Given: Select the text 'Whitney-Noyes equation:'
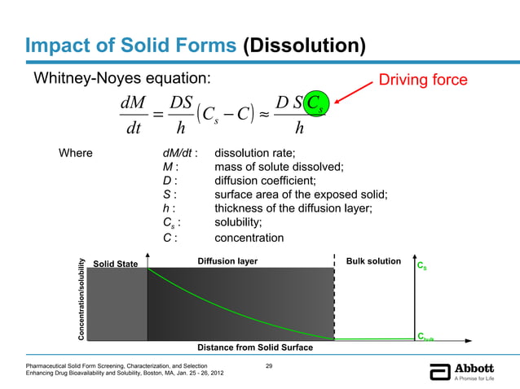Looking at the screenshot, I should [121, 78].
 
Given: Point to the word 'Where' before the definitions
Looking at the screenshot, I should [75, 152].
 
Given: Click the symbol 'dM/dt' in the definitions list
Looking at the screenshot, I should [180, 152].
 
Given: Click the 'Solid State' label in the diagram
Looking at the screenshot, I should [116, 264].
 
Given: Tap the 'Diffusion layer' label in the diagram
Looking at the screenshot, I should [227, 261].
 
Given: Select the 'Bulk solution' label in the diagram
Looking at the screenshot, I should [373, 261].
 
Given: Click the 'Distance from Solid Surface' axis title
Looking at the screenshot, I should [255, 347].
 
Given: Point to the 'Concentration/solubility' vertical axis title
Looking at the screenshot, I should [82, 299].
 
